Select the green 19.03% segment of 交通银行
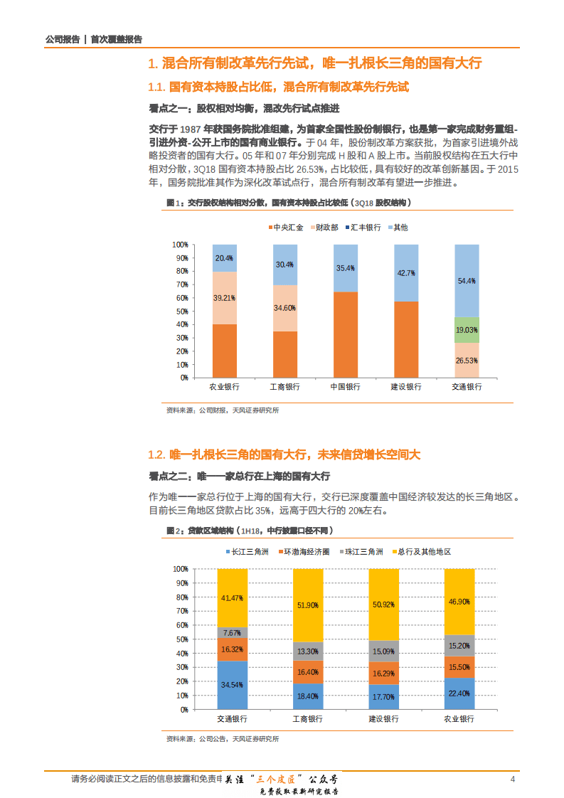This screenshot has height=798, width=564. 467,330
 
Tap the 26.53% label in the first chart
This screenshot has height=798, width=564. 467,361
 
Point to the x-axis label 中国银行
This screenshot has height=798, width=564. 346,387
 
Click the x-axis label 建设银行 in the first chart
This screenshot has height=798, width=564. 406,387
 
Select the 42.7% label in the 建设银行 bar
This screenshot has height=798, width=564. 406,272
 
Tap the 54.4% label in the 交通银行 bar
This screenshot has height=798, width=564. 467,281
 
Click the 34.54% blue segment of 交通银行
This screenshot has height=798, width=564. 232,686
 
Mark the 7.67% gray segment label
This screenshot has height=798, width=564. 232,632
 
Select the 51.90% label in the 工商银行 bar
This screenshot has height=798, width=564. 307,605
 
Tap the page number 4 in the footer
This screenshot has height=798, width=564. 512,780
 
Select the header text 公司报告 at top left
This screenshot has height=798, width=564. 61,40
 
